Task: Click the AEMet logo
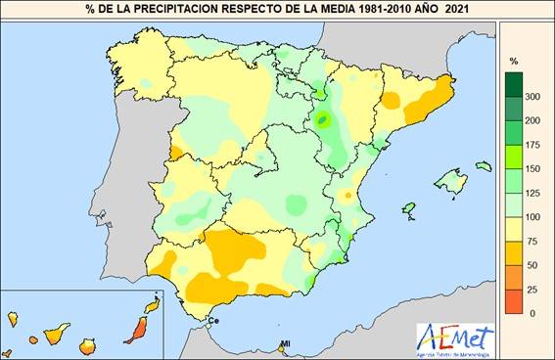click(x=455, y=338)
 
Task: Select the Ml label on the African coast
click(x=286, y=343)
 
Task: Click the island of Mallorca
click(x=450, y=180)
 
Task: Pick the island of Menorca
click(x=482, y=166)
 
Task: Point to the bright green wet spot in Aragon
click(x=324, y=121)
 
